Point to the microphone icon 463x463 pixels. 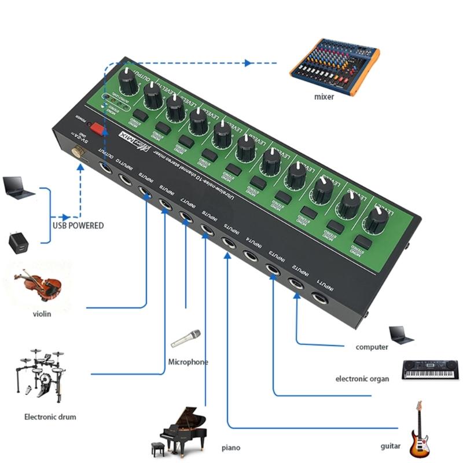[x=186, y=338]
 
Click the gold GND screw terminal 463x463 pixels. [x=78, y=152]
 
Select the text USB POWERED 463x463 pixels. [x=78, y=226]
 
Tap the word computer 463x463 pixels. [x=372, y=347]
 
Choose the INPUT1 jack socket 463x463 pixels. [x=319, y=299]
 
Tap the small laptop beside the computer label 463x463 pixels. [x=400, y=335]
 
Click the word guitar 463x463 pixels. [x=391, y=446]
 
